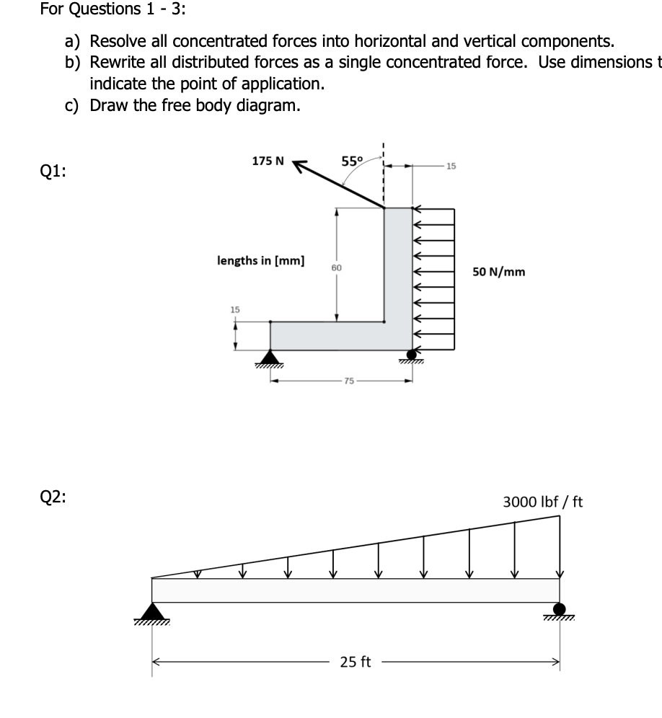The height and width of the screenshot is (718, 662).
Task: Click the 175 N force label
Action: pos(268,161)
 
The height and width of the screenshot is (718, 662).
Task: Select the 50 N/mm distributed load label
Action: pos(499,272)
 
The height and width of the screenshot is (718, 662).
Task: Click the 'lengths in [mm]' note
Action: pos(260,260)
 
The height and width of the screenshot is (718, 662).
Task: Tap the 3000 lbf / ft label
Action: pos(542,501)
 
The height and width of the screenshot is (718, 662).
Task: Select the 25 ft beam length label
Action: pos(355,662)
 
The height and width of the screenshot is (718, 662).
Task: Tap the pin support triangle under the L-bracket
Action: pos(270,356)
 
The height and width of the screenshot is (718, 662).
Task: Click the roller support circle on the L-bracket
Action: pos(412,354)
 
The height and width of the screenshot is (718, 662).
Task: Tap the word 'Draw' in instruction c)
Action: pos(108,105)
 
